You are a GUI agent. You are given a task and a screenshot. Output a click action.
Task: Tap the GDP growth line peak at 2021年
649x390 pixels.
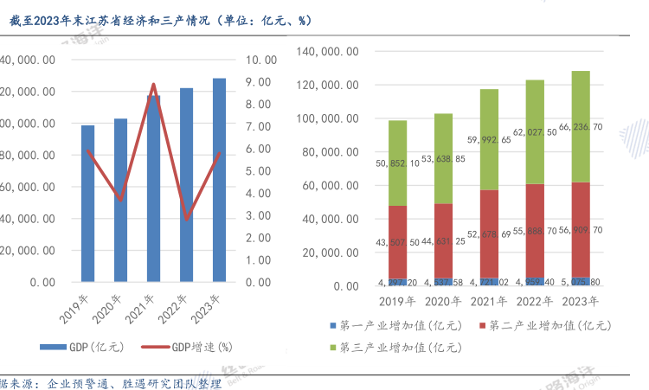pos(153,84)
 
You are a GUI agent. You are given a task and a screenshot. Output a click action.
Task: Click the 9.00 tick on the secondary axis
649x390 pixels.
pos(260,82)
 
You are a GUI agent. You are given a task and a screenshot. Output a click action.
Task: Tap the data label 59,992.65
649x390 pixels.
pos(489,140)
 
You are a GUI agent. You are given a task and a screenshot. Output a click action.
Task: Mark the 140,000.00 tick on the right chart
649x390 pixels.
pos(328,51)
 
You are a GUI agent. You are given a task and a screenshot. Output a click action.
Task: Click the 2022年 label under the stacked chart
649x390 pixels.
pos(535,302)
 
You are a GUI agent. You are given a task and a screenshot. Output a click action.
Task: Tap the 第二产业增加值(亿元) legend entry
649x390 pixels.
pos(545,325)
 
